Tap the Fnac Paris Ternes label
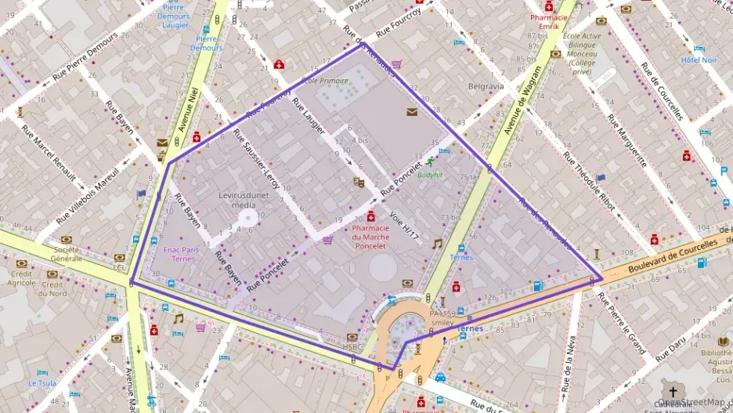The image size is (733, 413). click(181, 253)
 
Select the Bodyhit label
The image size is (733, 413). click(430, 175)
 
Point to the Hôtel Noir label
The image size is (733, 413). click(699, 60)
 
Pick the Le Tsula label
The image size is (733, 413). click(42, 383)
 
